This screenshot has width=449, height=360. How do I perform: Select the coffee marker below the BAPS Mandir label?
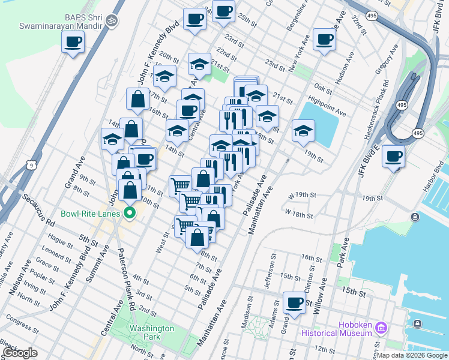pos(73,42)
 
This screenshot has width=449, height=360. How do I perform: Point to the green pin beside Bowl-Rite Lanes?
pos(128,213)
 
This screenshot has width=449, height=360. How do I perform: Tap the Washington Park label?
pos(152,332)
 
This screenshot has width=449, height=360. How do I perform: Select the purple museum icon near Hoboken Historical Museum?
pos(380,328)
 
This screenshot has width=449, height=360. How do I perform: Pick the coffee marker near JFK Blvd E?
pos(393,157)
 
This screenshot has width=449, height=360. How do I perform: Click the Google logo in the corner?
pos(20,353)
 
